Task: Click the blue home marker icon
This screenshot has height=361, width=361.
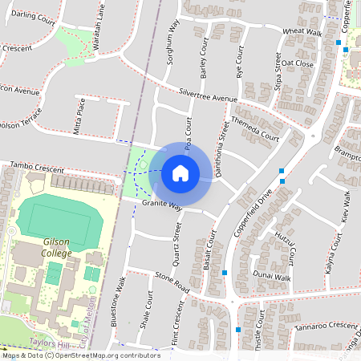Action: point(180,172)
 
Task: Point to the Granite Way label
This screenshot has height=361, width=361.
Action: point(163,206)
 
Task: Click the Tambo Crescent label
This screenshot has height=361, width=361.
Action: point(36,169)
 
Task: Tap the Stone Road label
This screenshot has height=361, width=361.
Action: point(172,282)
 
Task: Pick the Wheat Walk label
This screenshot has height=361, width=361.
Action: point(302,32)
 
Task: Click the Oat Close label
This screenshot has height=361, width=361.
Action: point(298,63)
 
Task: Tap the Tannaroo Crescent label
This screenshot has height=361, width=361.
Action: point(325,326)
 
